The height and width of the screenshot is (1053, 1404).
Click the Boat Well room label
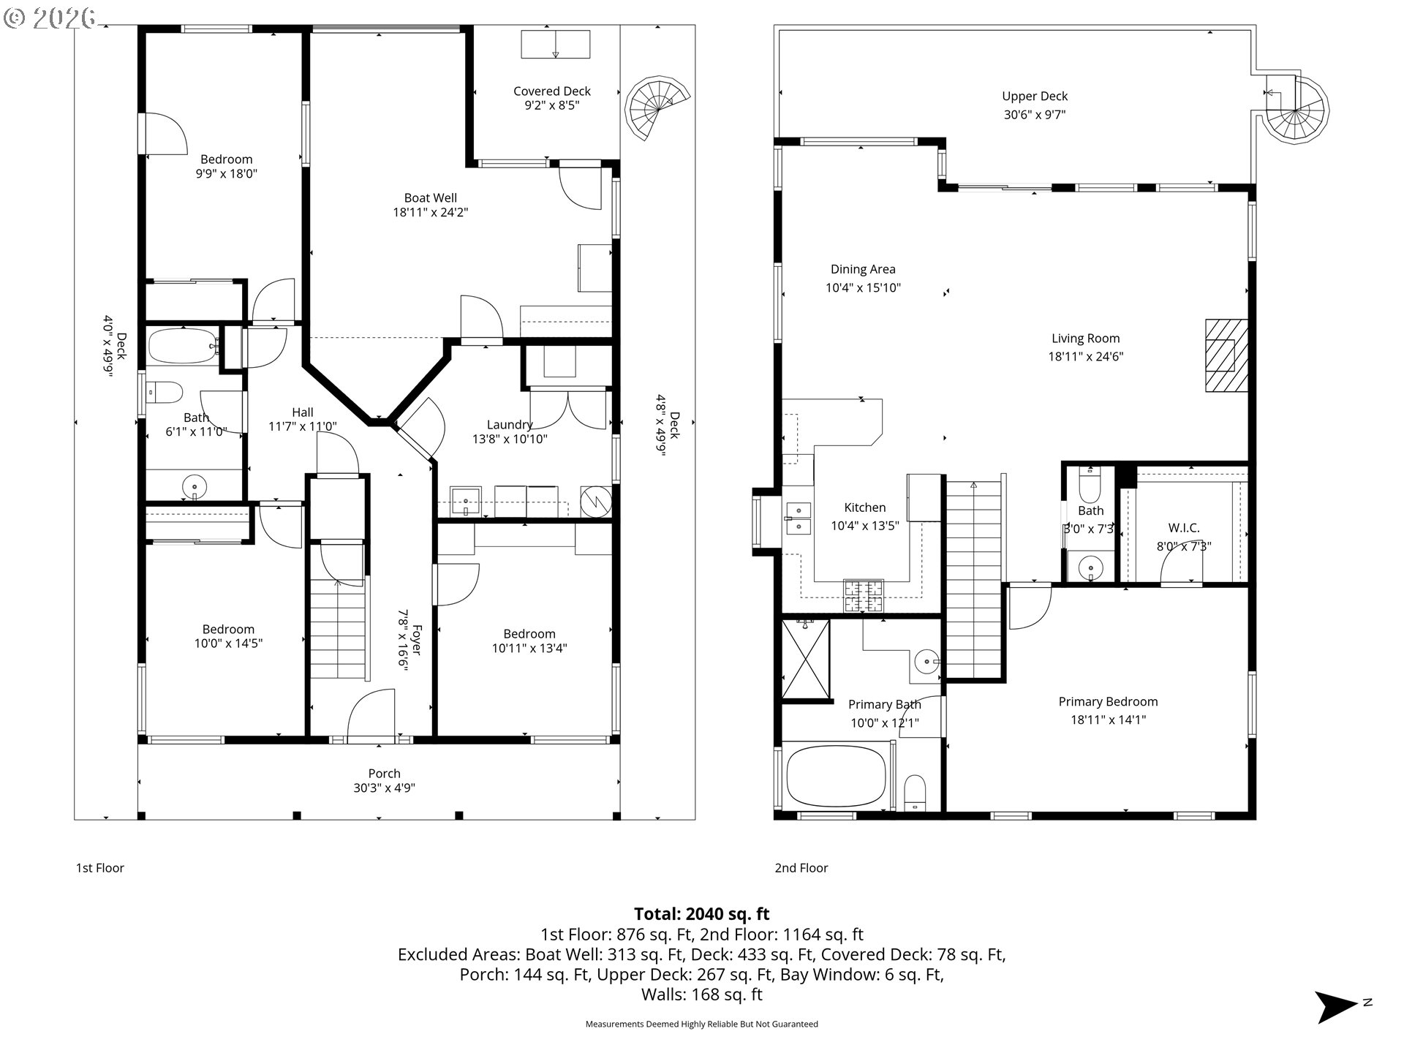click(x=431, y=198)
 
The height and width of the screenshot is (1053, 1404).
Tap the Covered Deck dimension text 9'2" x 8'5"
click(x=552, y=105)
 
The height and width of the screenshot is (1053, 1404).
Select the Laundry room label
click(x=510, y=425)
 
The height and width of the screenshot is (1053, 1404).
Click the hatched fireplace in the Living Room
click(x=1226, y=355)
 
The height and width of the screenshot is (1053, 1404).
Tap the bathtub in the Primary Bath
click(x=836, y=777)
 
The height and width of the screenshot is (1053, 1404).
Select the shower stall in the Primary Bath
click(x=806, y=660)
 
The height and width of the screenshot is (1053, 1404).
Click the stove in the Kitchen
click(x=864, y=595)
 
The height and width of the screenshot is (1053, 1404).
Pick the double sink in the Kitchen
click(x=798, y=517)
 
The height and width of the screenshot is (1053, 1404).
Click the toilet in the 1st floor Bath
click(x=165, y=392)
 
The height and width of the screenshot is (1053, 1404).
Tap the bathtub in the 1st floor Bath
click(x=183, y=346)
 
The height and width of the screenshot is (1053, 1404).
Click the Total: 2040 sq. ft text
click(x=701, y=913)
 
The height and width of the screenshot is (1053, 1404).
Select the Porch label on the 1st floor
click(x=385, y=774)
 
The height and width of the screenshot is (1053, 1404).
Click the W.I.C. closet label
click(x=1183, y=528)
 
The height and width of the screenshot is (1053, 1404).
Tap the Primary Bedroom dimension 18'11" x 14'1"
click(x=1108, y=720)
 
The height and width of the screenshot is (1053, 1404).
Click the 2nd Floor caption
click(x=801, y=868)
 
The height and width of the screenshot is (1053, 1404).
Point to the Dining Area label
click(x=863, y=270)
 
